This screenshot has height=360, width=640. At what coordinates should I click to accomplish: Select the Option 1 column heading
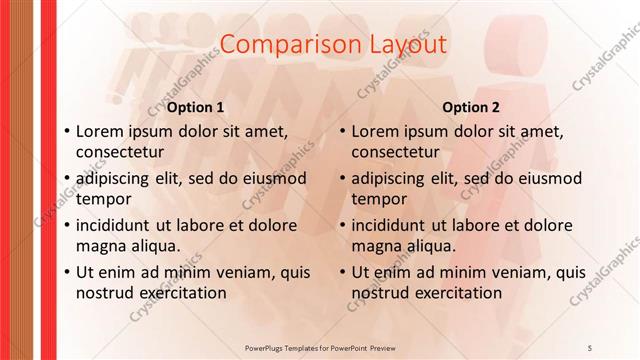point(195,107)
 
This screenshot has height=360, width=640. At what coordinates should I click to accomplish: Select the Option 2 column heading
point(470,107)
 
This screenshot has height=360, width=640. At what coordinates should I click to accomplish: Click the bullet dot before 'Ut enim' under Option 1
point(66,272)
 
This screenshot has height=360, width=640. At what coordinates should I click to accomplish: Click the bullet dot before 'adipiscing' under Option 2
point(342,178)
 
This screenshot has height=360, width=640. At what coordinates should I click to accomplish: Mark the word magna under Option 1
point(100,246)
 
